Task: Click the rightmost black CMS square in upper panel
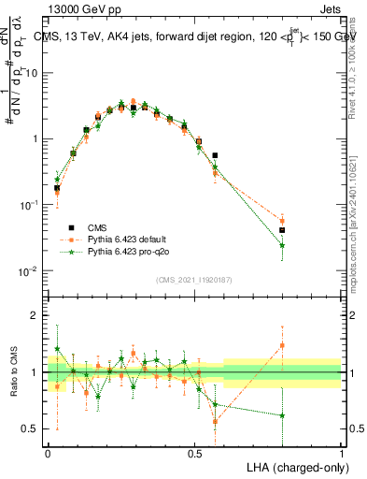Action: pyautogui.click(x=282, y=229)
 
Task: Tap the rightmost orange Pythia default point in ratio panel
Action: pyautogui.click(x=282, y=345)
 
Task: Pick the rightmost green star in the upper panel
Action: pyautogui.click(x=282, y=245)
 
